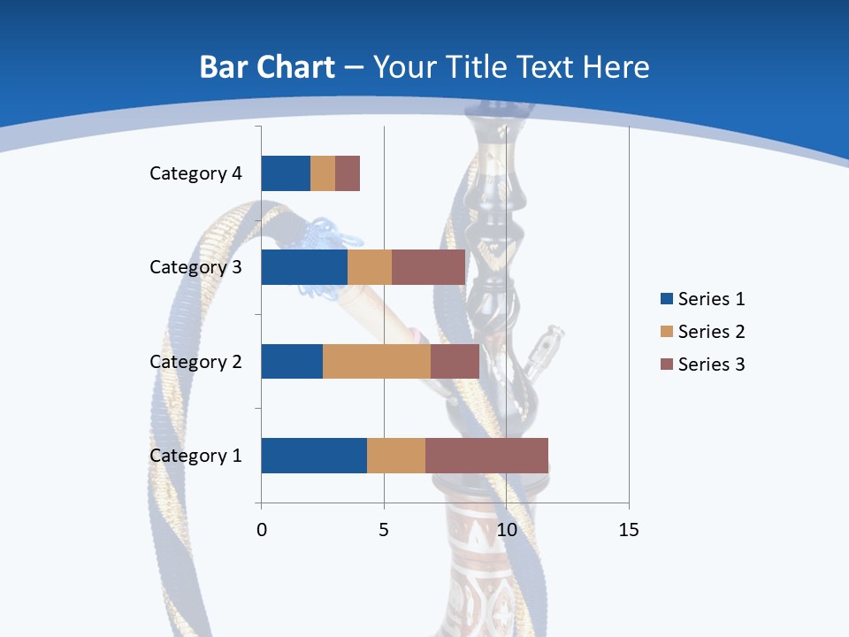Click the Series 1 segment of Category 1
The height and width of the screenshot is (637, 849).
pos(314,456)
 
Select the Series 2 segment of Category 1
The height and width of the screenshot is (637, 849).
pos(396,456)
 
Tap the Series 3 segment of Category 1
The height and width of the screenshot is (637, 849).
pos(486,456)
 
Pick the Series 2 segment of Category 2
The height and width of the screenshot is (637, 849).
pos(377,361)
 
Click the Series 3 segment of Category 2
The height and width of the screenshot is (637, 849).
pos(455,361)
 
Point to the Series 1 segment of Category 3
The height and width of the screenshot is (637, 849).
pos(304,267)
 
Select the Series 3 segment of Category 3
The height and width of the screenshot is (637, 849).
pos(428,267)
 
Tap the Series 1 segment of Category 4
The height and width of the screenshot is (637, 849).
pos(286,173)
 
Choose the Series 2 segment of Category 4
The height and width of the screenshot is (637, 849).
pos(323,173)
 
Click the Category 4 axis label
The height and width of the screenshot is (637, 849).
pos(195,173)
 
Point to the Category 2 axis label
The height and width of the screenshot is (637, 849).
pos(195,361)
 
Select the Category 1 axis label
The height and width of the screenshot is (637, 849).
pos(195,456)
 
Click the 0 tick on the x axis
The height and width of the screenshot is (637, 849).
pos(262,530)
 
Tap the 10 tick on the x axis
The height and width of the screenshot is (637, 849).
pos(506,530)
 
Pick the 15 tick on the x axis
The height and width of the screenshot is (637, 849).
pos(628,530)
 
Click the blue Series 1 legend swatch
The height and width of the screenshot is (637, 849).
pos(666,299)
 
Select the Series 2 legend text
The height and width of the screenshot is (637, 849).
pos(711,332)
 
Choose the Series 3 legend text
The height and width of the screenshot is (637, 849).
pos(711,365)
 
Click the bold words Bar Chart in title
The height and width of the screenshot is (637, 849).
pos(267,67)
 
